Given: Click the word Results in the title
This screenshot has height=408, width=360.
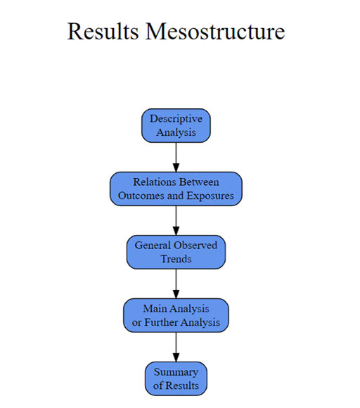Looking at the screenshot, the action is pos(103,31).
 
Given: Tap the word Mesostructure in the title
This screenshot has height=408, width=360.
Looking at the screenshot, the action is pos(215,31).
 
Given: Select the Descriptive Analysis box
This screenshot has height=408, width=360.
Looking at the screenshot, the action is pos(176,126).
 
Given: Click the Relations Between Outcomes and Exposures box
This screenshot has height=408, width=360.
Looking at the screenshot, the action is pos(176,189).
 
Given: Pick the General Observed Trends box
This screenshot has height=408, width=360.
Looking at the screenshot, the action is pos(176,252).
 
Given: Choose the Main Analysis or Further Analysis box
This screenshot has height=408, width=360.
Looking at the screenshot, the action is pos(176,315).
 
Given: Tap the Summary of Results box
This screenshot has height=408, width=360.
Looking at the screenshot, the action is pos(176,378).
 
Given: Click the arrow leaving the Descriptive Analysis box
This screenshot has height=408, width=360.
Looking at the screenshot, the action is pos(176,157).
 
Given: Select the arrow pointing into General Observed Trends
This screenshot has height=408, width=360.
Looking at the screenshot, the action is pos(176,221).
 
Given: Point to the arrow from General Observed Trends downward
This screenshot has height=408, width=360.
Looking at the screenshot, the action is pos(176,283).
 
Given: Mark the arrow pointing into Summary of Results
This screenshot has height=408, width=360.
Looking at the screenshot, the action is pos(176,347).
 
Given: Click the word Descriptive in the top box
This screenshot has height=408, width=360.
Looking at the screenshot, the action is pos(176,119).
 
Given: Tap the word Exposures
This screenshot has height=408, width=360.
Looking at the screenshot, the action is pos(210,196).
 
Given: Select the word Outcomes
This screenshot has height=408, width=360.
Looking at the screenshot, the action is pos(141,196).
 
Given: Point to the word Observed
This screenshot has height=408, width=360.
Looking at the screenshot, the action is pos(195,246).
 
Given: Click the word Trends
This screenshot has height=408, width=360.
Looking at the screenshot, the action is pos(176,259).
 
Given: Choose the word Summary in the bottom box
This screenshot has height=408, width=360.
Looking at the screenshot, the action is pos(176,372).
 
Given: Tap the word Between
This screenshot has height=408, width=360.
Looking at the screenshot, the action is pos(199,182).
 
